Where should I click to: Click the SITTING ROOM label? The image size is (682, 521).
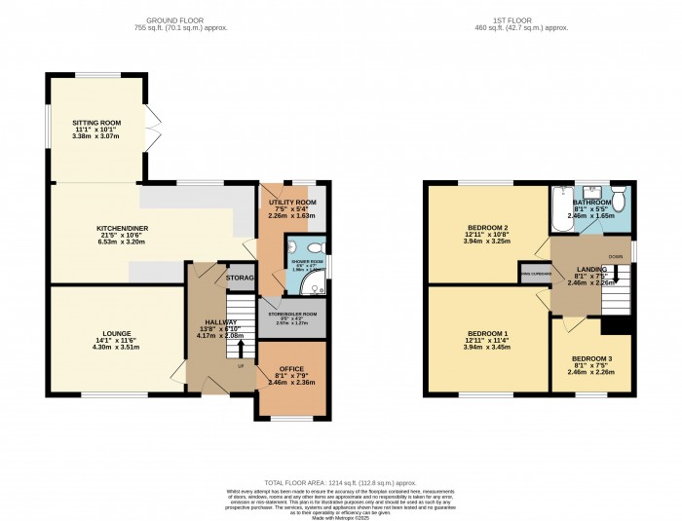(x=95, y=124)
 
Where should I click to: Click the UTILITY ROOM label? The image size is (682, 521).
(x=292, y=201)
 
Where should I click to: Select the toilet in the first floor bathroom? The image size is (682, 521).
(x=619, y=193)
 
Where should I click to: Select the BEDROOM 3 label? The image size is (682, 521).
(x=591, y=359)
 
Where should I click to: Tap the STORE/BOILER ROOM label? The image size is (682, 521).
(x=292, y=314)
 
